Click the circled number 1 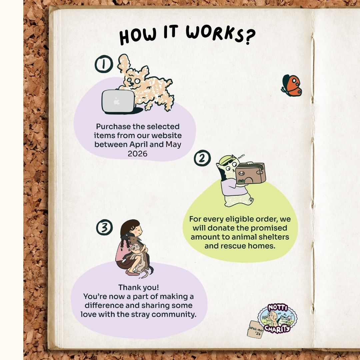104,64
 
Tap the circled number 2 202,158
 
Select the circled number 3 104,227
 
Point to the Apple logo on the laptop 117,101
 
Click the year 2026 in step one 138,154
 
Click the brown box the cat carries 250,173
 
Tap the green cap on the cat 226,160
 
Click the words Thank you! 138,287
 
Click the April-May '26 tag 255,330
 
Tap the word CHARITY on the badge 277,329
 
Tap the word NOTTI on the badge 278,308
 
